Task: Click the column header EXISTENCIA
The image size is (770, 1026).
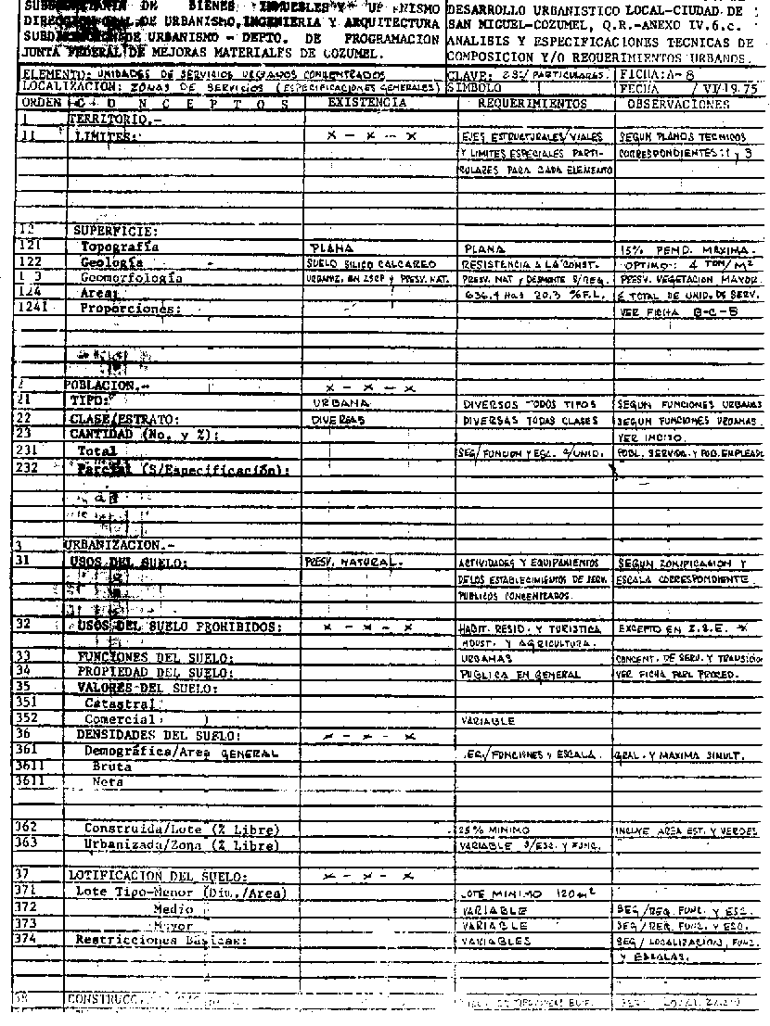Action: click(367, 104)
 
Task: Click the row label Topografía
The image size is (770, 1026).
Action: click(120, 247)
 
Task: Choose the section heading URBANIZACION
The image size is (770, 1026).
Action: click(112, 547)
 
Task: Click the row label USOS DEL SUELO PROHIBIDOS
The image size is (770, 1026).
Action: click(179, 627)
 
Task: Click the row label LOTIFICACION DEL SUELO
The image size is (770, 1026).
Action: click(157, 876)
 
